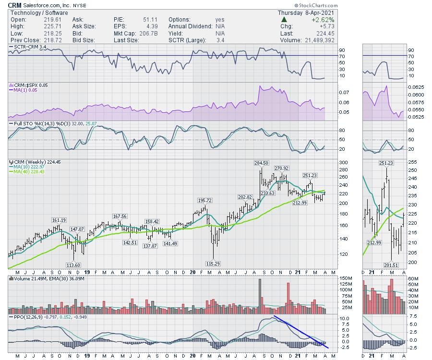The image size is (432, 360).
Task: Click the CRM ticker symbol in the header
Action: (14, 5)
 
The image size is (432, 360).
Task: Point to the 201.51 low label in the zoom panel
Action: (392, 265)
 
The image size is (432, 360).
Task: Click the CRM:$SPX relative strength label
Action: (25, 85)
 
